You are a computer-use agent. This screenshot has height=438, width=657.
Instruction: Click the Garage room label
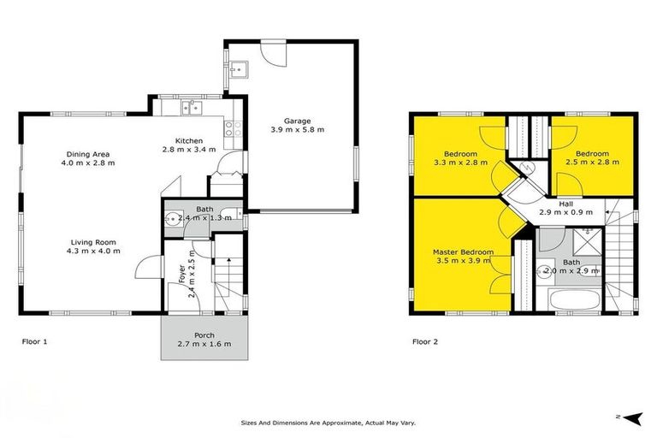pos(298,121)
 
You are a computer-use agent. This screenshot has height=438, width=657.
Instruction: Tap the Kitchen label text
pos(187,140)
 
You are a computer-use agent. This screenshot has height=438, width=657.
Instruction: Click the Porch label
pos(204,334)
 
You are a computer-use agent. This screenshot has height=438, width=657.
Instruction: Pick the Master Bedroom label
pos(463,252)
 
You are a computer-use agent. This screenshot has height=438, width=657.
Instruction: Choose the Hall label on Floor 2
pos(565,203)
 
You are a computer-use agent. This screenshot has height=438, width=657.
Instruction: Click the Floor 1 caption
pos(34,341)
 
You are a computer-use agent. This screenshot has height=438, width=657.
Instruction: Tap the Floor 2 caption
pos(425,341)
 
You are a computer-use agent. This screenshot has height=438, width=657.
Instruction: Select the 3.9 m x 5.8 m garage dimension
pos(298,130)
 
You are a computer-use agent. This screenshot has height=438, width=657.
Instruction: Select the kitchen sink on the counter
pos(190,108)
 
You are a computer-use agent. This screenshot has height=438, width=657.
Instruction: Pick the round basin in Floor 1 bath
pos(172,217)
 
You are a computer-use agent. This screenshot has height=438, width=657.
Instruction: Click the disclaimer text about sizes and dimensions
pos(327,423)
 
